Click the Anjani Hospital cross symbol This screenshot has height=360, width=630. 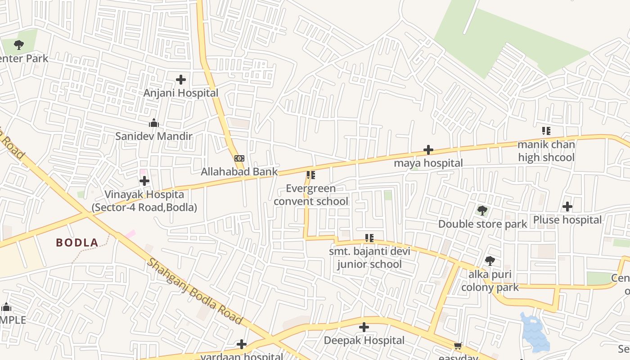[181, 80]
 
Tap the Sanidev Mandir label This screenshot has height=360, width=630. [154, 136]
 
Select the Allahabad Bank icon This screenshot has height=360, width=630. [239, 158]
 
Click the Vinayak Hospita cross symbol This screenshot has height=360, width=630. [144, 181]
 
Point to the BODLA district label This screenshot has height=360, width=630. [77, 243]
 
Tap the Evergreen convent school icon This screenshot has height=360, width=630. [310, 175]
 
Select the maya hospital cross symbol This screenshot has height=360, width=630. [428, 150]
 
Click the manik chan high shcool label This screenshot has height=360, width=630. [546, 151]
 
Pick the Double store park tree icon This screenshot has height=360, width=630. [482, 210]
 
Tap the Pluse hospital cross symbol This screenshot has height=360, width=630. [567, 207]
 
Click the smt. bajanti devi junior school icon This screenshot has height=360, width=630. [369, 238]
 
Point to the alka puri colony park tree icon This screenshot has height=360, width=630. [490, 261]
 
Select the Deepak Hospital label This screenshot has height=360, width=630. [364, 340]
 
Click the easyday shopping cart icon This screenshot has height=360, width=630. [458, 346]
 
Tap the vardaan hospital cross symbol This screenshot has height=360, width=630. [242, 344]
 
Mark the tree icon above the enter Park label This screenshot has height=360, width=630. [18, 45]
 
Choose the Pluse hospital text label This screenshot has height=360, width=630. [567, 220]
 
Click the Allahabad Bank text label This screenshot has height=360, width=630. [239, 171]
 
